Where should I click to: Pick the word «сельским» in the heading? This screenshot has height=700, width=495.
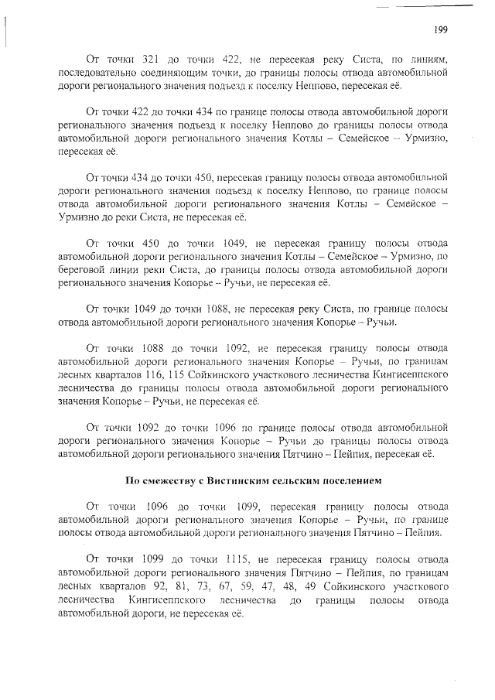(298, 480)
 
